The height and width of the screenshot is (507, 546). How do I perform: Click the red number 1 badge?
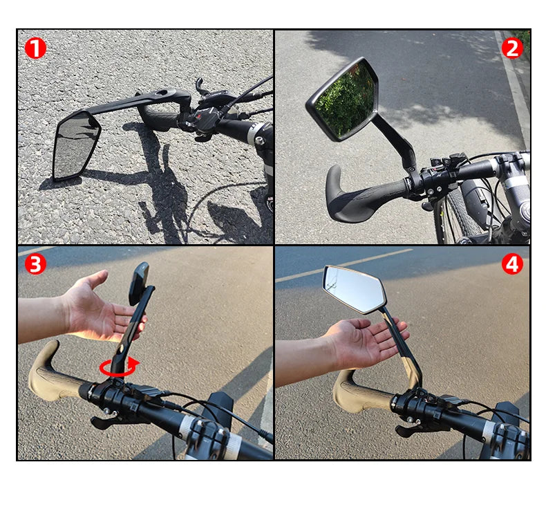point(35,48)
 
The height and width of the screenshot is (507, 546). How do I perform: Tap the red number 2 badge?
point(512,48)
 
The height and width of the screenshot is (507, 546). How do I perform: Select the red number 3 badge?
point(35,264)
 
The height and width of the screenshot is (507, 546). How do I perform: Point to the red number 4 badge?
point(512,264)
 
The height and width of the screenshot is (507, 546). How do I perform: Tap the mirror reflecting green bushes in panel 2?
point(346,100)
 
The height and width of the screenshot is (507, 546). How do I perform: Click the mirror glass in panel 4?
point(354,288)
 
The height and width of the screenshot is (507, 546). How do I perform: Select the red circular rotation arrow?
point(117,367)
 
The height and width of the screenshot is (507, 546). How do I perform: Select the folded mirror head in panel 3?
point(139,284)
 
